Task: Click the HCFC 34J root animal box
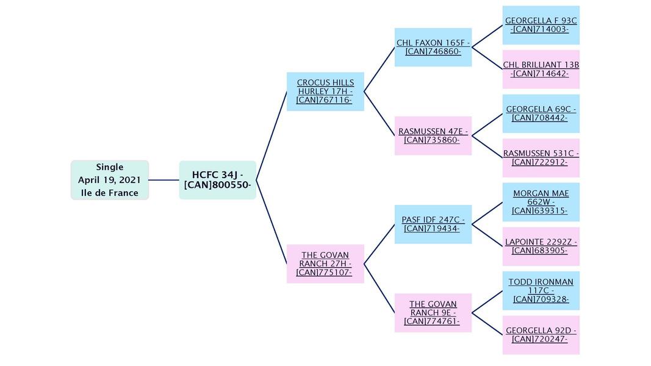pos(217,180)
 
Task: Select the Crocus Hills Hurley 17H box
pos(325,91)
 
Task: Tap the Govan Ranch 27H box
pos(325,264)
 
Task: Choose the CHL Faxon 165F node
pos(433,47)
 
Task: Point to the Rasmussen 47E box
pos(433,135)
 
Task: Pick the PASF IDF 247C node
pos(433,224)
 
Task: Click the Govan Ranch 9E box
pos(433,312)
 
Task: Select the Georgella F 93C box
pos(541,25)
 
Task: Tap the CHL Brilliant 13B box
pos(541,70)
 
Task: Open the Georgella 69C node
pos(541,113)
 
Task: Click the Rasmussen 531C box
pos(541,158)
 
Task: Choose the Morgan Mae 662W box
pos(541,202)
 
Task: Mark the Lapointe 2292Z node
pos(541,246)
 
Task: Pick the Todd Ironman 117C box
pos(541,290)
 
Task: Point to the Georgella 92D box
pos(541,335)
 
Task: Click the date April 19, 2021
pos(109,180)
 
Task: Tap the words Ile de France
pos(109,193)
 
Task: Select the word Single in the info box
pos(109,167)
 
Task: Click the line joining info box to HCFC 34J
pos(164,180)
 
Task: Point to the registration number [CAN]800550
pos(217,185)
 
